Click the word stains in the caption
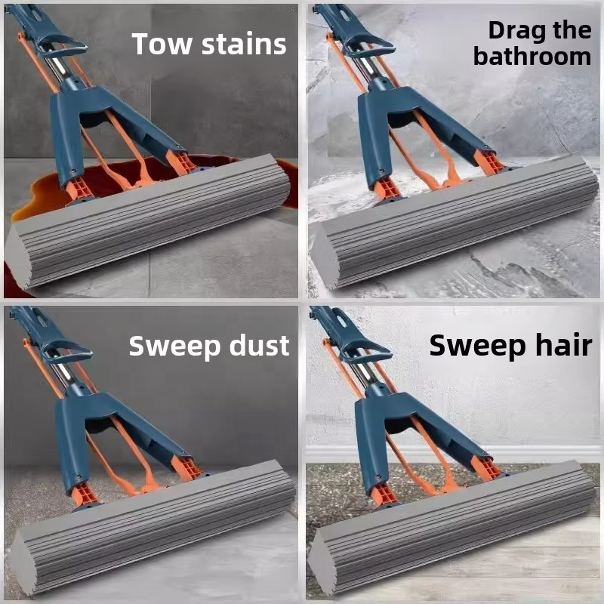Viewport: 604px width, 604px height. click(242, 44)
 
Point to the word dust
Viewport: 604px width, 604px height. click(255, 346)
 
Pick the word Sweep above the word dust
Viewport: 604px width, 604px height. click(172, 346)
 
